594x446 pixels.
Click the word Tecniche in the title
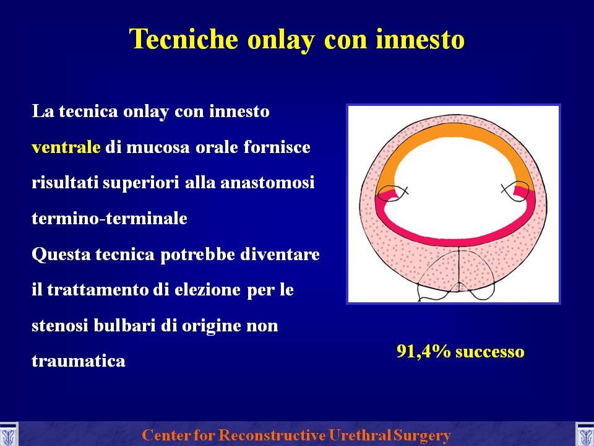coord(183,38)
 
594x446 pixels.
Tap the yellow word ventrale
coord(66,147)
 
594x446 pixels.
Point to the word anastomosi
coord(267,183)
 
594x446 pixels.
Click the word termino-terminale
coord(110,219)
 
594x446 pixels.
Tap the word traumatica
coord(79,361)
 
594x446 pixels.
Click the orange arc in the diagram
coord(455,130)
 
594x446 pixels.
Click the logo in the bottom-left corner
coord(9,434)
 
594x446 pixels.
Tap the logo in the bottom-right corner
coord(585,434)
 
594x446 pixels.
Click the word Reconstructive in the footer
coord(272,435)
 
